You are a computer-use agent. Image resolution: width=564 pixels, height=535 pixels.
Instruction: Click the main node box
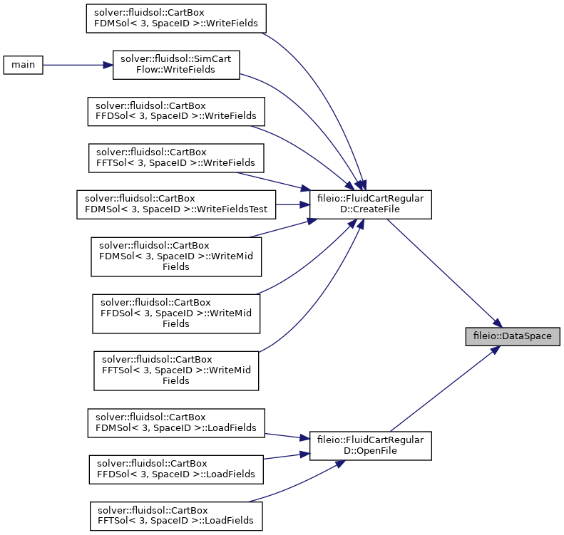coord(23,65)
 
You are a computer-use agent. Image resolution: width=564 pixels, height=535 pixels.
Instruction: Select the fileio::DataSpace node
coord(513,336)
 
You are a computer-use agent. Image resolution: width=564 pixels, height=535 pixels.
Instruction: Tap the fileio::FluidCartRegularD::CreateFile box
coord(371,204)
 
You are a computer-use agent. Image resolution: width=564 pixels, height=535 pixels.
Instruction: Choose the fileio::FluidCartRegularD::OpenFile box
coord(371,445)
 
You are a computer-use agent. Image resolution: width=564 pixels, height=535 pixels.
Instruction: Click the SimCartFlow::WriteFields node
coord(176,65)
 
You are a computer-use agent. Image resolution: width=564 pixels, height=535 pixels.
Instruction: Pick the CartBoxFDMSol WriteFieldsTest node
coord(176,204)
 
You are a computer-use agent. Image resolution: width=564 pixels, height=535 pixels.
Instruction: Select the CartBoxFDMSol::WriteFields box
coord(176,19)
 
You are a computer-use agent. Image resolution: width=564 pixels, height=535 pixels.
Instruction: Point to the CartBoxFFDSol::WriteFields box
coord(176,111)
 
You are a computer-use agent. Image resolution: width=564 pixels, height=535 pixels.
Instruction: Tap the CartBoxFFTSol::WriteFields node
coord(176,158)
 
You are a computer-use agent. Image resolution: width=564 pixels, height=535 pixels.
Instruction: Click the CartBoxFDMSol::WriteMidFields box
coord(176,256)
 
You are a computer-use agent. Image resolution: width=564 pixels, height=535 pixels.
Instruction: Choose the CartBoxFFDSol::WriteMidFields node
coord(176,313)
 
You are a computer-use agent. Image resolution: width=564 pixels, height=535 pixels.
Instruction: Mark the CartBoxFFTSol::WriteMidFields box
coord(176,371)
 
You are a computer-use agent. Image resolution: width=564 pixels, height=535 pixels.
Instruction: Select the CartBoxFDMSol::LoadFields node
coord(176,423)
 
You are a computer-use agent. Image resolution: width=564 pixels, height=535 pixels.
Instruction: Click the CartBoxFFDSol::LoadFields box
coord(176,469)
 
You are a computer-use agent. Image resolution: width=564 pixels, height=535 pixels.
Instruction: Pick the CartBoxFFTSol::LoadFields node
coord(176,516)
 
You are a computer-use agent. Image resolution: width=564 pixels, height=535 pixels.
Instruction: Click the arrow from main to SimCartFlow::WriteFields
coord(78,65)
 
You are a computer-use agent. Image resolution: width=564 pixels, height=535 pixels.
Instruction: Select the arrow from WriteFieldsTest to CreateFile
coord(293,204)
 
